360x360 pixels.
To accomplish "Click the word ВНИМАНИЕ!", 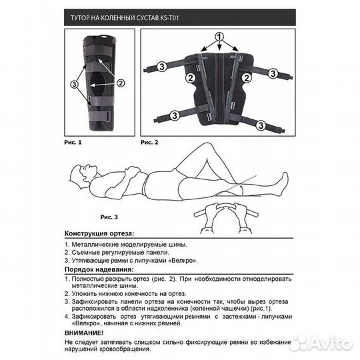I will (x=85, y=331).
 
